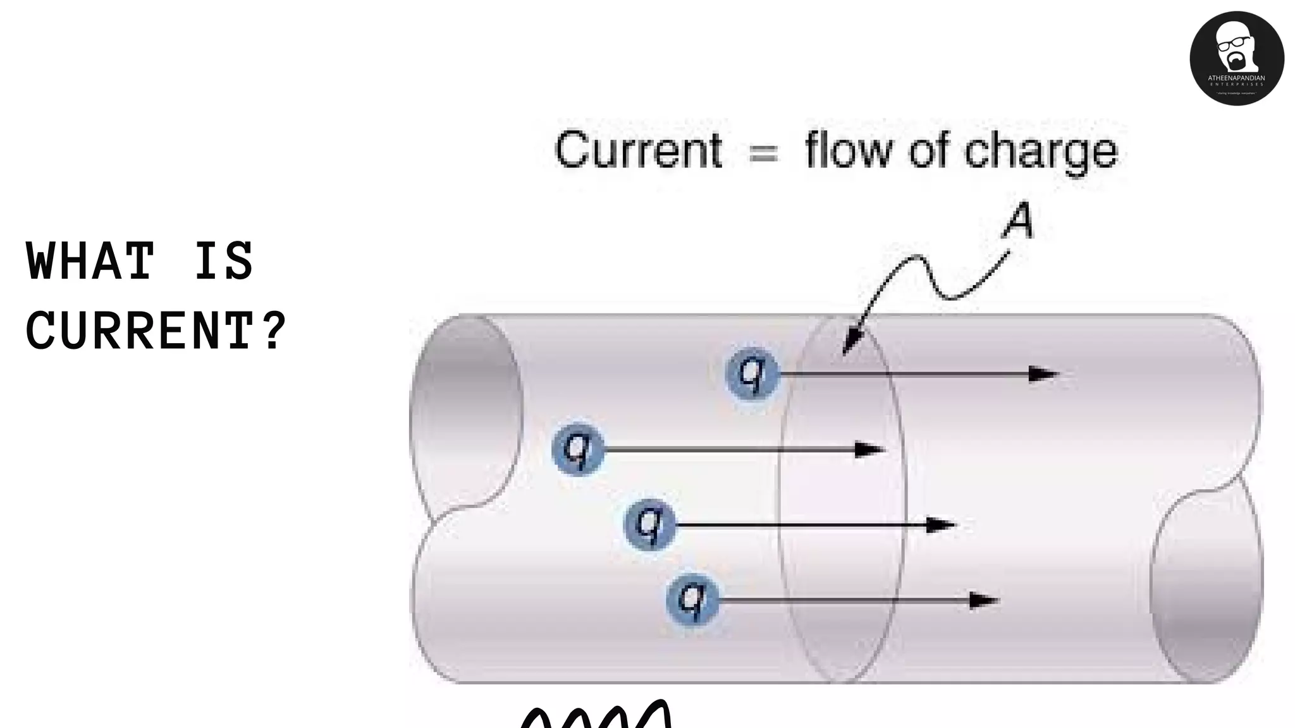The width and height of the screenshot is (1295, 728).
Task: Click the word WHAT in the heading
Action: (x=90, y=261)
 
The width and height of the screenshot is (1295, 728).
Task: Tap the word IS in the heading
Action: (x=223, y=261)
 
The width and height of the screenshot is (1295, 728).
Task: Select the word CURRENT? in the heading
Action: (x=156, y=331)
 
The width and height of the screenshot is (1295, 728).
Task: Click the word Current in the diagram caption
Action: (x=638, y=150)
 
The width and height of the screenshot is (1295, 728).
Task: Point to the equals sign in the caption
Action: (x=763, y=152)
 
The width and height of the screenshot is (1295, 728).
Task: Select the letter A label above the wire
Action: (x=1019, y=221)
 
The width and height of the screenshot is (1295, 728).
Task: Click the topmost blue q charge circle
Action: (x=752, y=373)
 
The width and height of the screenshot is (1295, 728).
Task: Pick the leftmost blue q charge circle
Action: (x=577, y=449)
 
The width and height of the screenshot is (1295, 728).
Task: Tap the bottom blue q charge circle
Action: (x=692, y=598)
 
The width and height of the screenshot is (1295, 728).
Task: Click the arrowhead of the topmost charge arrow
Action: (x=1043, y=374)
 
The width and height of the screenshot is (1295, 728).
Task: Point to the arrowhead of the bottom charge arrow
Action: (x=984, y=600)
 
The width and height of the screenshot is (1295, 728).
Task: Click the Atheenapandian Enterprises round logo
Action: (x=1236, y=58)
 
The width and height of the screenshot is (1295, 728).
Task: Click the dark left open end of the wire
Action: (x=468, y=411)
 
